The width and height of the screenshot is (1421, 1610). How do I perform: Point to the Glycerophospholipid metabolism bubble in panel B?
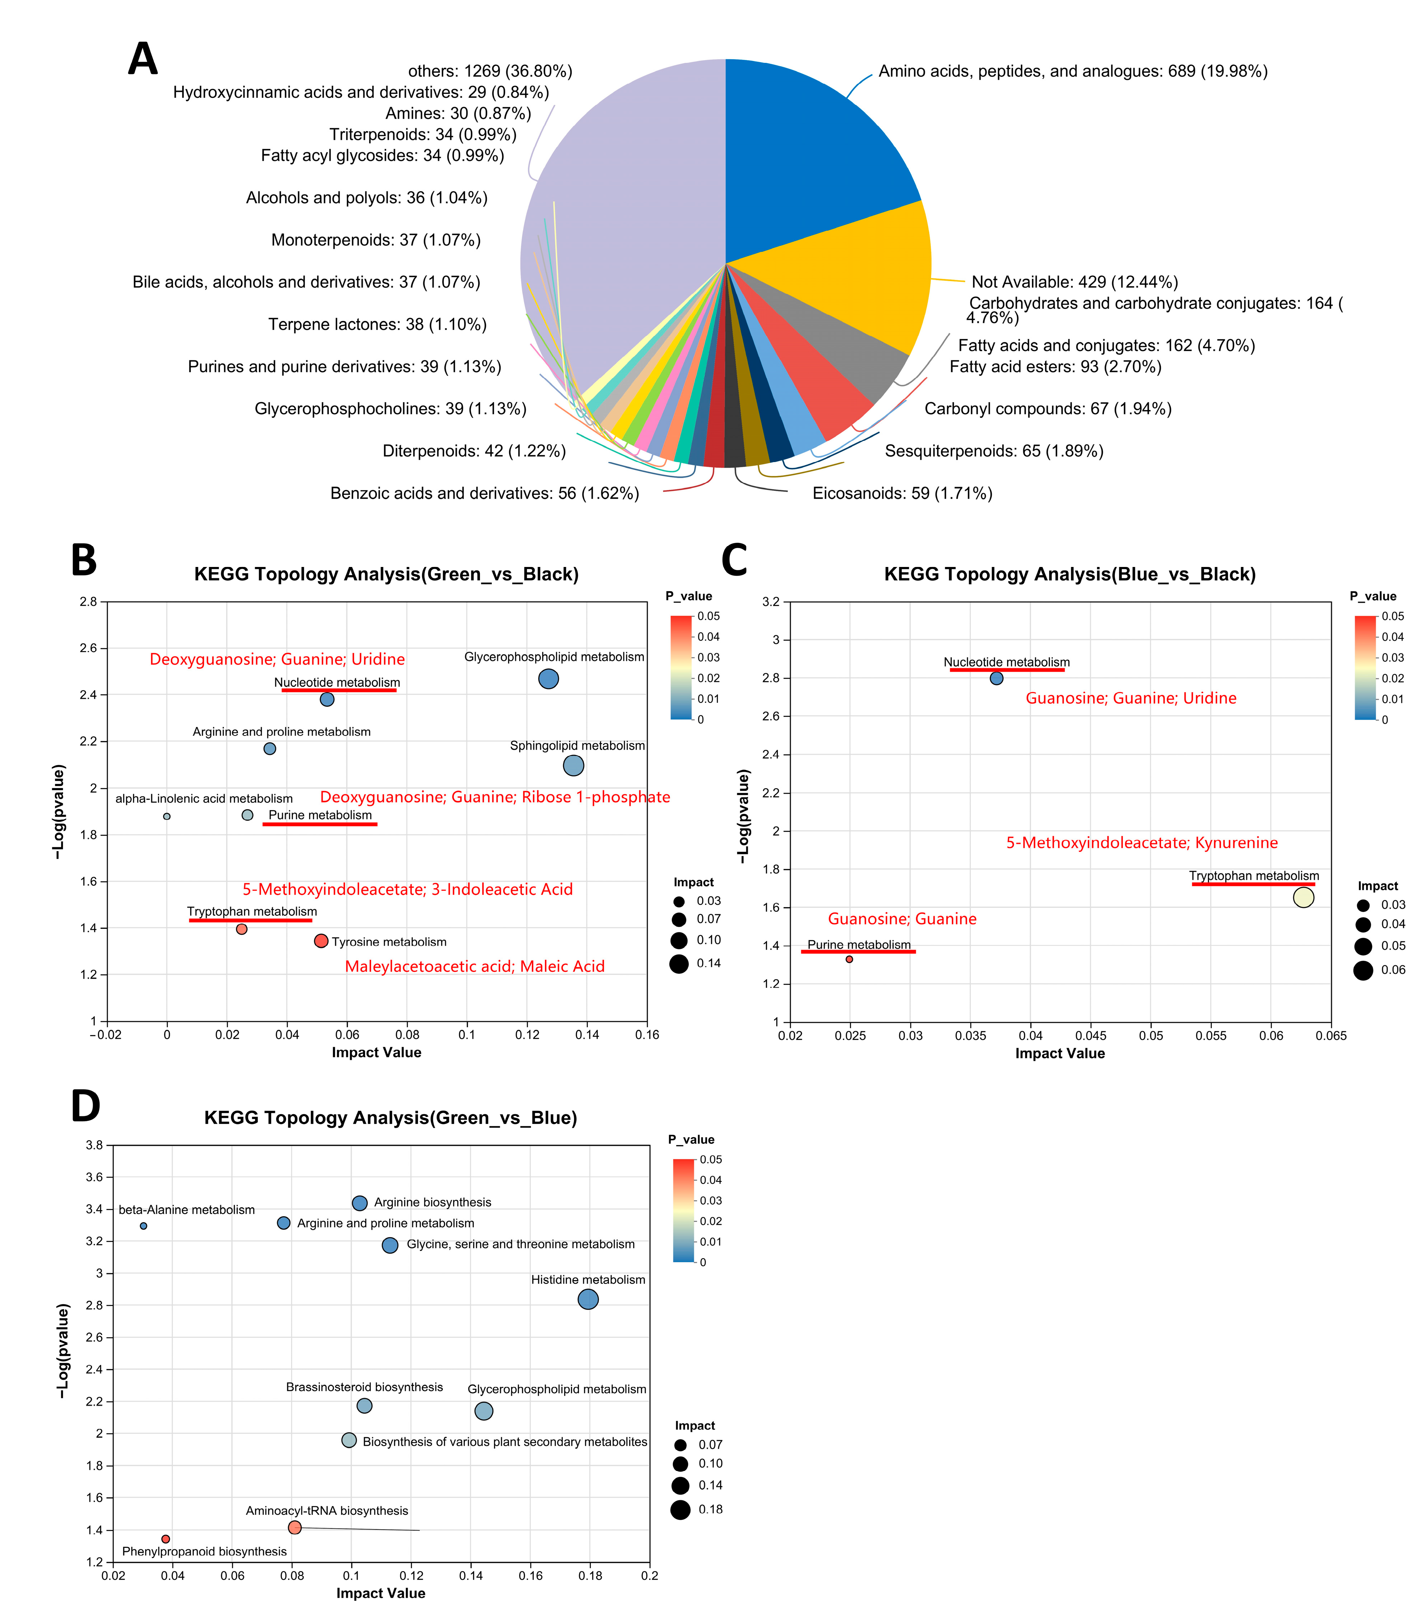click(548, 678)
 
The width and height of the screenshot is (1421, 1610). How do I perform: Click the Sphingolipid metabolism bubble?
click(573, 765)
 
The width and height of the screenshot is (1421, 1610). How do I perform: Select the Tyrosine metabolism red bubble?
click(320, 941)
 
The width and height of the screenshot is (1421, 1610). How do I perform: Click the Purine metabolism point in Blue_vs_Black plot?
click(849, 959)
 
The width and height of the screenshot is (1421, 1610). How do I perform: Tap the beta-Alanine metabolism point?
click(143, 1226)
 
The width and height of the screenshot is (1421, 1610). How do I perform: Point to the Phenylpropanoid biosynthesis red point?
click(165, 1539)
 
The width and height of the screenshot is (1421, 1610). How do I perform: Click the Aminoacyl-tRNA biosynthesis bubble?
click(295, 1527)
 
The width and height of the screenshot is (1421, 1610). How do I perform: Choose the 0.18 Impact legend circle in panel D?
click(680, 1509)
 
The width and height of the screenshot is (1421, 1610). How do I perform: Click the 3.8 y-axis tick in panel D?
click(94, 1145)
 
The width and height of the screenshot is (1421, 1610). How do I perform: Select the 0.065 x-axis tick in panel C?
click(1330, 1036)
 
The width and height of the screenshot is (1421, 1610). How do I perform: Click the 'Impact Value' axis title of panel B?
click(377, 1052)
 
